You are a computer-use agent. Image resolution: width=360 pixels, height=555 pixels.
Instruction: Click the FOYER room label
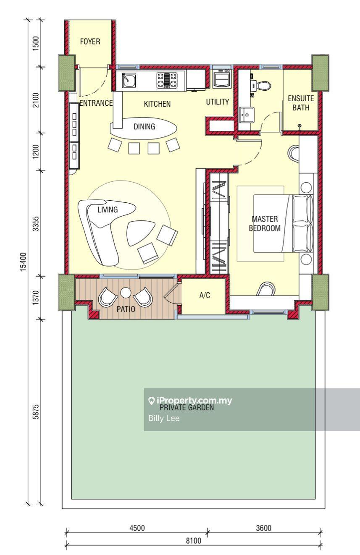pyautogui.click(x=90, y=42)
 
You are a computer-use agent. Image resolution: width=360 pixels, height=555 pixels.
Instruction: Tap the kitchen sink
pyautogui.click(x=129, y=80)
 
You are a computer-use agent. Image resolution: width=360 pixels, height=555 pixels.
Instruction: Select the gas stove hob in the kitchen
pyautogui.click(x=167, y=80)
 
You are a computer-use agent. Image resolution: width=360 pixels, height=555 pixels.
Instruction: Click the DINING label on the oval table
pyautogui.click(x=145, y=127)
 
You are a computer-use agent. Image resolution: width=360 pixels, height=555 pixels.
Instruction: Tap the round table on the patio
pyautogui.click(x=126, y=293)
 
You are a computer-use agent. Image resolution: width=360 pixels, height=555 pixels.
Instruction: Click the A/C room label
pyautogui.click(x=205, y=295)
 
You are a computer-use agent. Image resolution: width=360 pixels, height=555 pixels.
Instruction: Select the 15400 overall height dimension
pyautogui.click(x=23, y=262)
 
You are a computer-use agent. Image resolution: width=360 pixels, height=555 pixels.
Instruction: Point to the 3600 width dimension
pyautogui.click(x=263, y=528)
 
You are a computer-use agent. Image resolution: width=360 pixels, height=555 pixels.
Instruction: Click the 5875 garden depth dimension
pyautogui.click(x=36, y=411)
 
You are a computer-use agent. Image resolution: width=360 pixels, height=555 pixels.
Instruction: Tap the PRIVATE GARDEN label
pyautogui.click(x=187, y=407)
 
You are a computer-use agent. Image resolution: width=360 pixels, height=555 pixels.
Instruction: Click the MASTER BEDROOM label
pyautogui.click(x=265, y=223)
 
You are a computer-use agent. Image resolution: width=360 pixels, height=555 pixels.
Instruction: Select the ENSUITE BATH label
pyautogui.click(x=301, y=103)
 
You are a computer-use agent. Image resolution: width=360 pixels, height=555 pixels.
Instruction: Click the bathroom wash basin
pyautogui.click(x=247, y=115)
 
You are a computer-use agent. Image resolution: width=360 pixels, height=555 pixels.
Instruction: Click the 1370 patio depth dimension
pyautogui.click(x=36, y=298)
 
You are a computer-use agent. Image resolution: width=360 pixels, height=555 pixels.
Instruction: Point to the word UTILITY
pyautogui.click(x=218, y=102)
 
